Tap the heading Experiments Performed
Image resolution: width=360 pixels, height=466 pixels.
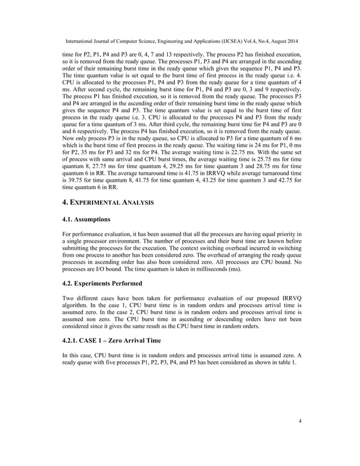pos(102,283)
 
